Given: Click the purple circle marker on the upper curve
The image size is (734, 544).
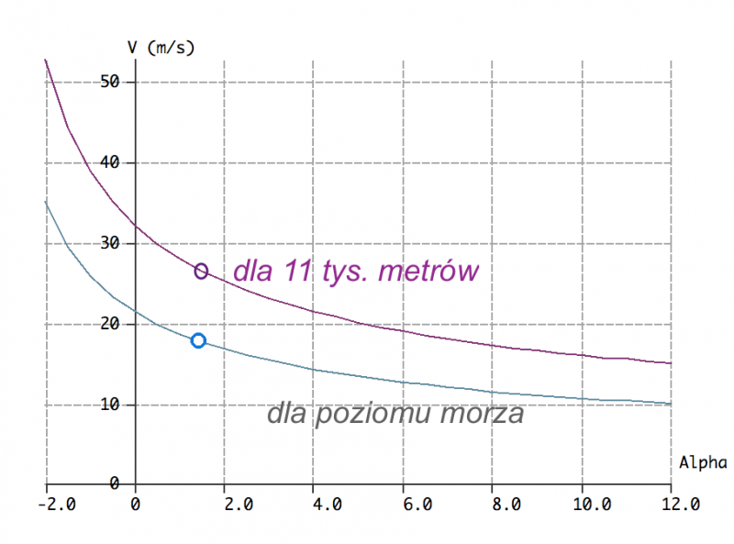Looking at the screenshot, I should pos(201,271).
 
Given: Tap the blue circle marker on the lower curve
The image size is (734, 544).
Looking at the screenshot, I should pos(197,340).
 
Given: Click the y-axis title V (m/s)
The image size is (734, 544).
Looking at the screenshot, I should pos(161,46).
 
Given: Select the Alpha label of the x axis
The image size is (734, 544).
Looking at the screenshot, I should pos(702,462).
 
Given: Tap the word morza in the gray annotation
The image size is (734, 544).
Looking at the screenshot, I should pos(481,414).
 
